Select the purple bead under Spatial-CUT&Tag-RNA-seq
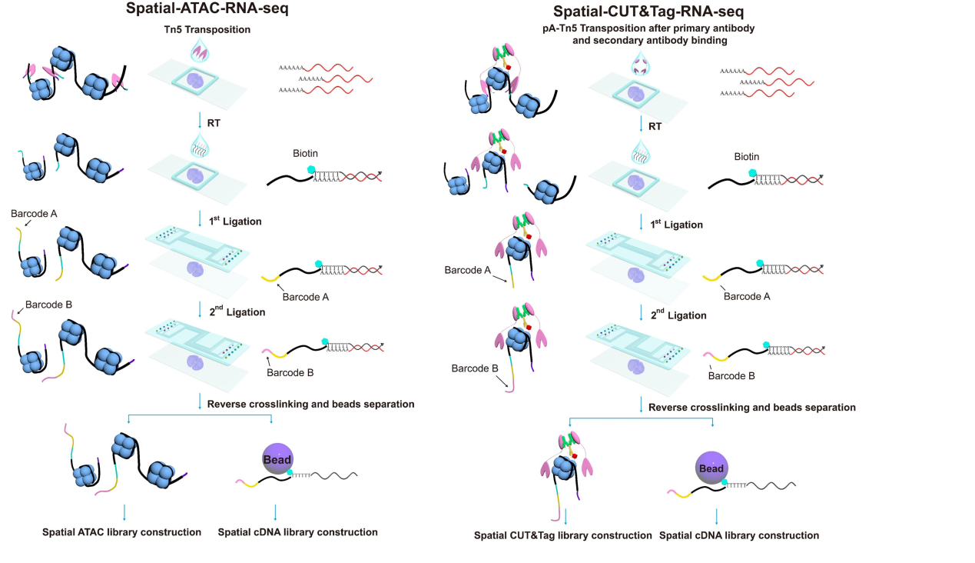[x=711, y=468]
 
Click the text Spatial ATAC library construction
[x=121, y=532]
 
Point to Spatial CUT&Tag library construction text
[x=562, y=535]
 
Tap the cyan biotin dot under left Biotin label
[x=311, y=171]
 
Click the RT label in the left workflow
[x=214, y=121]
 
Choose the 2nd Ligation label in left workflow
[x=237, y=312]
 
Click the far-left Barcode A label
[x=34, y=212]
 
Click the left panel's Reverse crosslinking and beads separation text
[x=312, y=404]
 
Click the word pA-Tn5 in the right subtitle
[x=562, y=28]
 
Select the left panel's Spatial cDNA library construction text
[x=298, y=532]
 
